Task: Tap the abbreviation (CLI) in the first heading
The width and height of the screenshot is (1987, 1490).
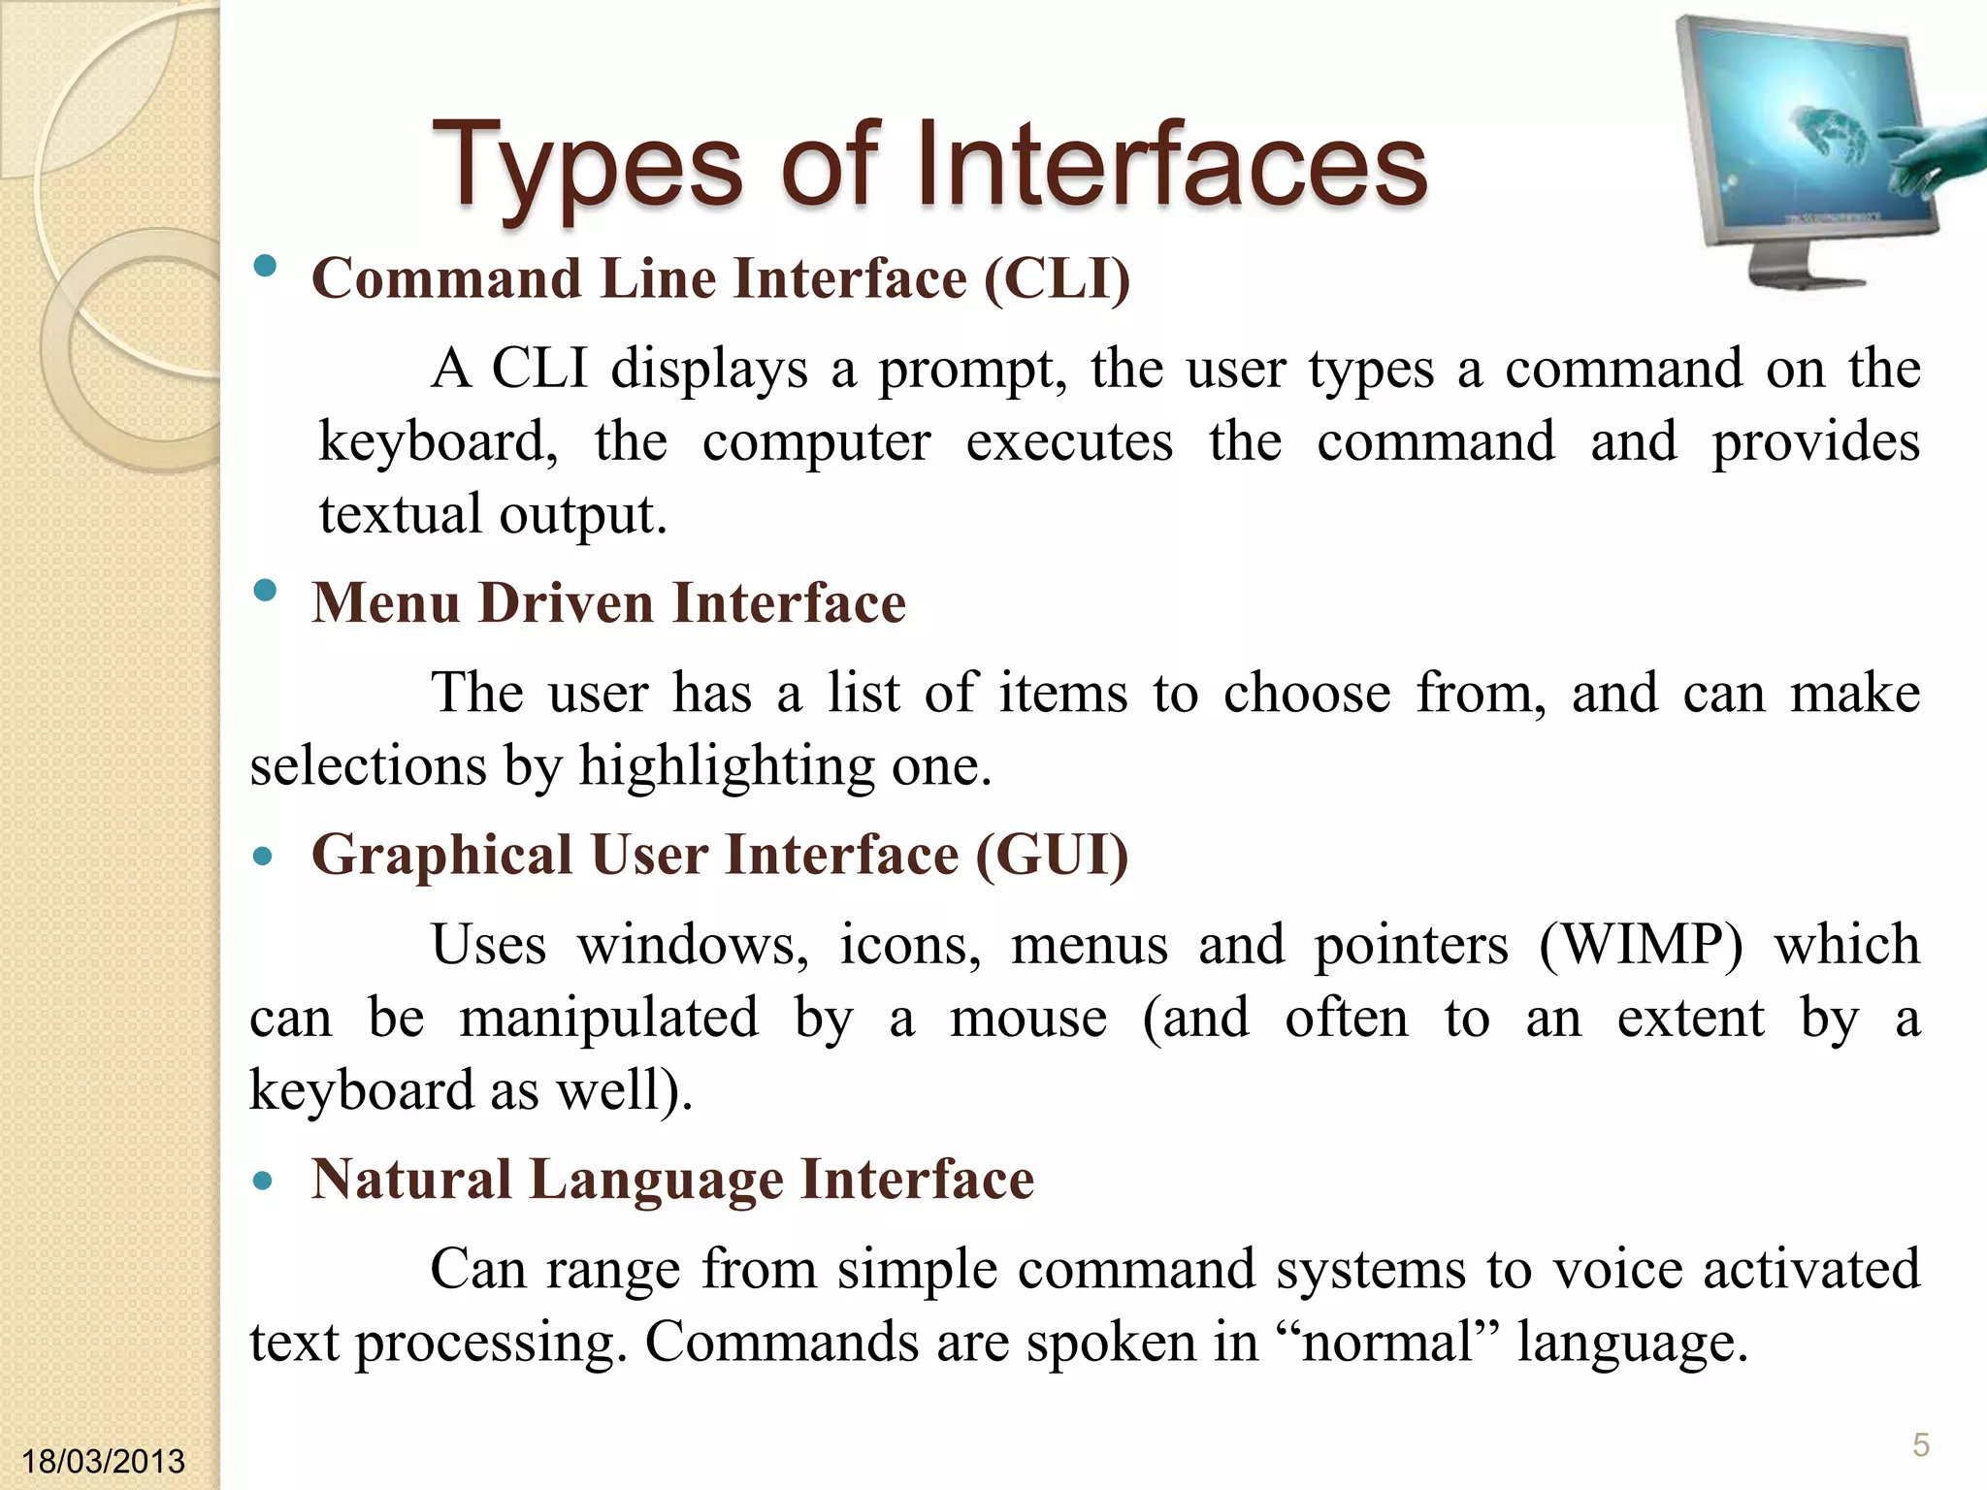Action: tap(1057, 279)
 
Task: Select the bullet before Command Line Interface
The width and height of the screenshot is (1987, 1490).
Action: tap(264, 267)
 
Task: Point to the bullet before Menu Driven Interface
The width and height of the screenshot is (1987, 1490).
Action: tap(264, 591)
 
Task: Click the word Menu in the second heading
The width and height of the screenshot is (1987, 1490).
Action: tap(385, 603)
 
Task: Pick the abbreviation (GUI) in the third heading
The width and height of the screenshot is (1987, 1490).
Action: tap(1052, 856)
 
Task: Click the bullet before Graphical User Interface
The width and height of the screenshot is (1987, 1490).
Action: tap(262, 858)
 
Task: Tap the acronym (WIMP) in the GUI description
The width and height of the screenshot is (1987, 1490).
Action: tap(1641, 944)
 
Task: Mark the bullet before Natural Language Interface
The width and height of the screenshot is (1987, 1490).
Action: tap(262, 1182)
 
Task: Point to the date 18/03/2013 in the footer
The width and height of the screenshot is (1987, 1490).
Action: tap(103, 1461)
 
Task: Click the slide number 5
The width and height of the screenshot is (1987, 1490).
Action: tap(1920, 1445)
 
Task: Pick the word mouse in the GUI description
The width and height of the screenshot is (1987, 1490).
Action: tap(1027, 1019)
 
